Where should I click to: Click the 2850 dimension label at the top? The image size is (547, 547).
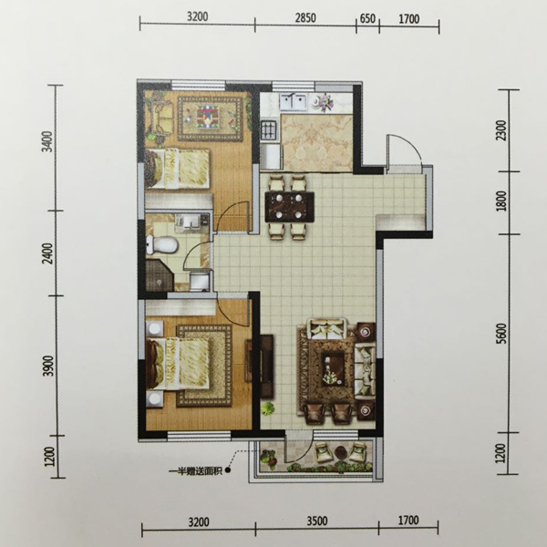point(305,18)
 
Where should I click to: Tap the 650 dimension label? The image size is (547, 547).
point(367,18)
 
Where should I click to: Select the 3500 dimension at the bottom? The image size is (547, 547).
point(317,521)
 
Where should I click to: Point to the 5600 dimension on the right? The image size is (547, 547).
point(502,335)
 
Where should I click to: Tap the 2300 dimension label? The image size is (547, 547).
point(501,130)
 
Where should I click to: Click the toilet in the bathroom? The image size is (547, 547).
point(162,243)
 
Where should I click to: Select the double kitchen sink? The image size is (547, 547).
point(294,102)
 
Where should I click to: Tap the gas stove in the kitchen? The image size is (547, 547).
point(270,129)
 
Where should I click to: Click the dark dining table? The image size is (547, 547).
point(290,207)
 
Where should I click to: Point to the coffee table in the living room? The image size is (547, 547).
point(333,370)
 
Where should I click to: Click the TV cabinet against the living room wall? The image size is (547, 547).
point(266,366)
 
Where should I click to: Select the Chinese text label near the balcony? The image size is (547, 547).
point(195,471)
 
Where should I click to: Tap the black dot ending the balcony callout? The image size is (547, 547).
point(228,471)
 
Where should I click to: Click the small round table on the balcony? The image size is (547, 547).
point(340,453)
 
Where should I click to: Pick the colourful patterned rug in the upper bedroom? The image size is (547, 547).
point(210,119)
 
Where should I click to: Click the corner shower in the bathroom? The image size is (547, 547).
point(160,274)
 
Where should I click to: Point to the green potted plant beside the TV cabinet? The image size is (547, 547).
point(268,408)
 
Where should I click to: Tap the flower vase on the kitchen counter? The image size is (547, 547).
point(324,101)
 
